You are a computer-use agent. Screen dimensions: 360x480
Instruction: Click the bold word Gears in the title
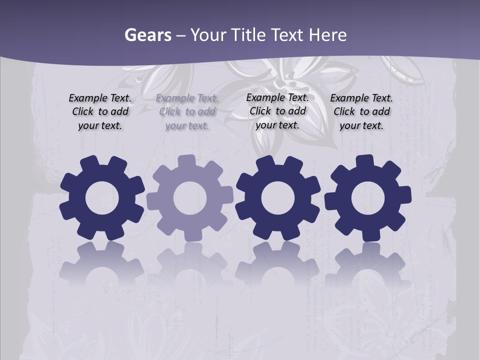[x=147, y=35]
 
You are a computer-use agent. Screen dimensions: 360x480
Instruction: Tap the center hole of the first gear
[x=102, y=198]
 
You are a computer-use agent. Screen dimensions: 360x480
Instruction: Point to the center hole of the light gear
[x=190, y=198]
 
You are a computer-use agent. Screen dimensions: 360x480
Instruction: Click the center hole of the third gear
[x=278, y=198]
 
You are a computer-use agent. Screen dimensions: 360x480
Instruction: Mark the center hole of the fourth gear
[x=368, y=198]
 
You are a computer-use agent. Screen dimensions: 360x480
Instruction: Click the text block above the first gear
[x=100, y=111]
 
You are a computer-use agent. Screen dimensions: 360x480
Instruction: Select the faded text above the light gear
[x=187, y=111]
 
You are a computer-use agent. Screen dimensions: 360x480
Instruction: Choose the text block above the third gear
[x=277, y=111]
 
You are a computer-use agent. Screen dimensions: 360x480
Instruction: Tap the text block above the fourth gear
[x=361, y=111]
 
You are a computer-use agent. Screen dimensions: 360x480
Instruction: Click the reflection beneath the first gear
[x=102, y=262]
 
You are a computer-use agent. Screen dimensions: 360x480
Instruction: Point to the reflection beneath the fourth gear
[x=368, y=262]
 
